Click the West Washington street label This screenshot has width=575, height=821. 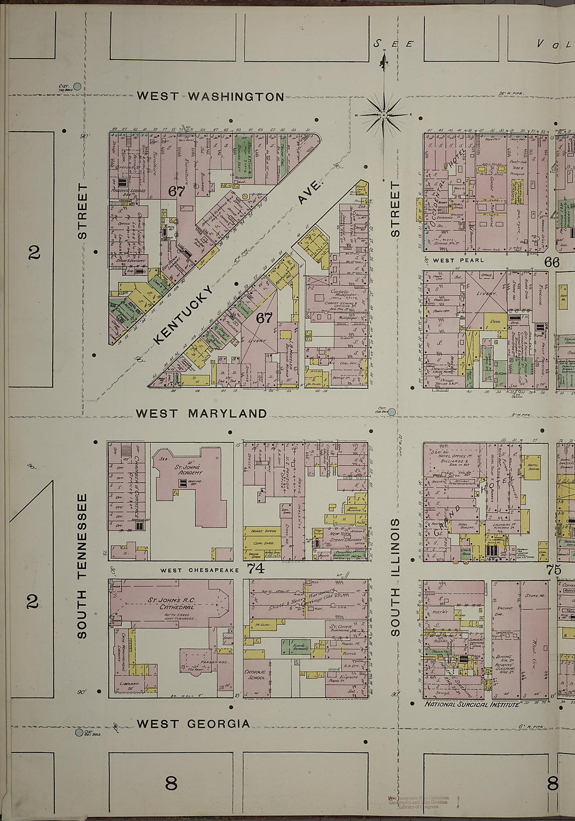coord(210,96)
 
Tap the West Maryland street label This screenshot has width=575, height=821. coord(201,413)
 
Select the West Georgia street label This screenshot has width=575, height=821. coord(193,724)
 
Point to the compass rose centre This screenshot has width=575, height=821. coord(383,115)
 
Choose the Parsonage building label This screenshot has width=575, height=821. coord(212,662)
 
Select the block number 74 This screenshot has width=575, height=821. coord(256,568)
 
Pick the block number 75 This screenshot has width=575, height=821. coord(553,570)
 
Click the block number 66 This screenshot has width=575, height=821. coord(552,262)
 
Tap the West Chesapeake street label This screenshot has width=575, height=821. coord(199,570)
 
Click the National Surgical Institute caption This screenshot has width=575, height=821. coord(471,704)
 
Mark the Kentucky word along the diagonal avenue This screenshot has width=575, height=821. coord(184,314)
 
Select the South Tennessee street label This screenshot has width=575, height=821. coord(82,566)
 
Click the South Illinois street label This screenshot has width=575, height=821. coord(396,577)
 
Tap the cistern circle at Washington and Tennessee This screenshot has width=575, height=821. coord(77,86)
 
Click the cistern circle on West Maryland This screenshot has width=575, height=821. coord(392,412)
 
